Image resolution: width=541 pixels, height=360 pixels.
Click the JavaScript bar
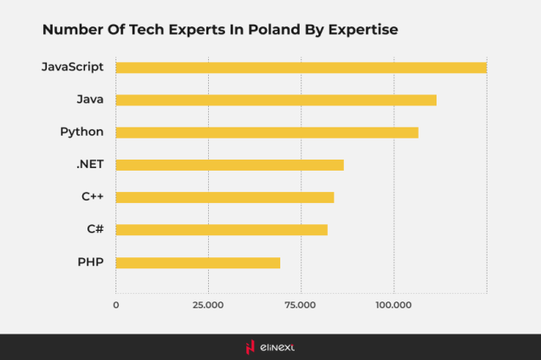click(x=301, y=68)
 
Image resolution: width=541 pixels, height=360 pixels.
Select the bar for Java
click(x=276, y=100)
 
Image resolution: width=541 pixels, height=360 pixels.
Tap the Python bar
click(x=267, y=132)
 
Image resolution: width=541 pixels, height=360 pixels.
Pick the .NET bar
click(x=229, y=165)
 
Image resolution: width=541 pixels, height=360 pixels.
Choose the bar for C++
click(x=224, y=197)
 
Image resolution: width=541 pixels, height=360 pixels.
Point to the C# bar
click(x=221, y=229)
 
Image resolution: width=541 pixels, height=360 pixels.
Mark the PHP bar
click(x=198, y=262)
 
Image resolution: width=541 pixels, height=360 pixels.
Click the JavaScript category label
click(x=72, y=67)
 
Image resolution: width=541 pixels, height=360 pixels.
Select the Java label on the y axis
click(x=89, y=99)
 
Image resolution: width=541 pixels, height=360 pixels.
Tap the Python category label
click(x=82, y=132)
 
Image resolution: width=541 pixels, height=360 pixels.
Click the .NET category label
click(x=89, y=164)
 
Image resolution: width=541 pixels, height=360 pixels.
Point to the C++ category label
click(x=93, y=196)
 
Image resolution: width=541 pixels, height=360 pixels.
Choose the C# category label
click(x=95, y=228)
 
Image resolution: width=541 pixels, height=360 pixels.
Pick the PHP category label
click(x=90, y=262)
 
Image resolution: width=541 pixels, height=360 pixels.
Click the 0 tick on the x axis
click(x=116, y=304)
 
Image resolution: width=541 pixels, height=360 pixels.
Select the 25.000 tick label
click(x=208, y=304)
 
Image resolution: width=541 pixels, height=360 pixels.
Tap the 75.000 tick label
click(x=301, y=304)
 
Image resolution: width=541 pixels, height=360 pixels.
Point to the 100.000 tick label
click(x=393, y=304)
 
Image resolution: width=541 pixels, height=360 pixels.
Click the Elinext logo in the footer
click(x=269, y=346)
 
